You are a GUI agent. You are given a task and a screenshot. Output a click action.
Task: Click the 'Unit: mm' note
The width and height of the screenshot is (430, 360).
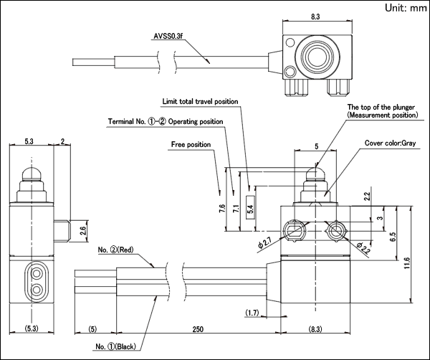coord(406,8)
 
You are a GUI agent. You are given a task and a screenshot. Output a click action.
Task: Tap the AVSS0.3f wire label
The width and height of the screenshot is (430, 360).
coord(168,36)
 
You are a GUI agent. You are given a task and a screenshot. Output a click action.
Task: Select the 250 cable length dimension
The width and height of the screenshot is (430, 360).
coord(198,328)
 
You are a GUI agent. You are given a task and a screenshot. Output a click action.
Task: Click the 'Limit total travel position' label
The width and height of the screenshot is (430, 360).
coord(200,102)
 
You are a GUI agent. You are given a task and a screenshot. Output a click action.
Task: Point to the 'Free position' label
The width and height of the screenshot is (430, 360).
coord(191,144)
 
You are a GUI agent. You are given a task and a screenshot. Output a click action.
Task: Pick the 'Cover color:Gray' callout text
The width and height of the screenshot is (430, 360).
coord(390,143)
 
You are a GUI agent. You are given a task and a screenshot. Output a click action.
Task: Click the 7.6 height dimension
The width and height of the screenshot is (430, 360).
coord(222,209)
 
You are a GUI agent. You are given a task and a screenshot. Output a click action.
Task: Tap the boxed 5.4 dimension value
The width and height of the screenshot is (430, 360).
coord(250,207)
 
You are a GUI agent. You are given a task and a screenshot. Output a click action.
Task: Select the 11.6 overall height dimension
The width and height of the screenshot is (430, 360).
coord(407,263)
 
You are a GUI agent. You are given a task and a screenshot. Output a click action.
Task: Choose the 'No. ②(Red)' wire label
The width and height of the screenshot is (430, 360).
coord(115,250)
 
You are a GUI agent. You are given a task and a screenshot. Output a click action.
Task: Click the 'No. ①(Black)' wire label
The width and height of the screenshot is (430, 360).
coord(115,346)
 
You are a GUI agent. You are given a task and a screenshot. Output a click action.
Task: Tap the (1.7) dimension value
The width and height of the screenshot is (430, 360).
coord(252,313)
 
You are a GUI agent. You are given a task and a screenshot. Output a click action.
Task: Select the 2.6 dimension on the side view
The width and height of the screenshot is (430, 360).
coord(83,231)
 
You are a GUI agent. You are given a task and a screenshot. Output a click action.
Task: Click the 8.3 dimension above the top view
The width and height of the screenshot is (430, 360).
coord(315,16)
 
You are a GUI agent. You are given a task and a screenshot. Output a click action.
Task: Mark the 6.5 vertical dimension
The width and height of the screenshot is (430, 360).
coord(393,237)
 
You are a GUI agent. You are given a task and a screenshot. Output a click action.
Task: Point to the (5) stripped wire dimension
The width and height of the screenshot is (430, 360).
coord(92,328)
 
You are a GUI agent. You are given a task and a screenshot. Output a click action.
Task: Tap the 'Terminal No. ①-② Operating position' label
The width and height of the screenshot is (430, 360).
coord(166,122)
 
